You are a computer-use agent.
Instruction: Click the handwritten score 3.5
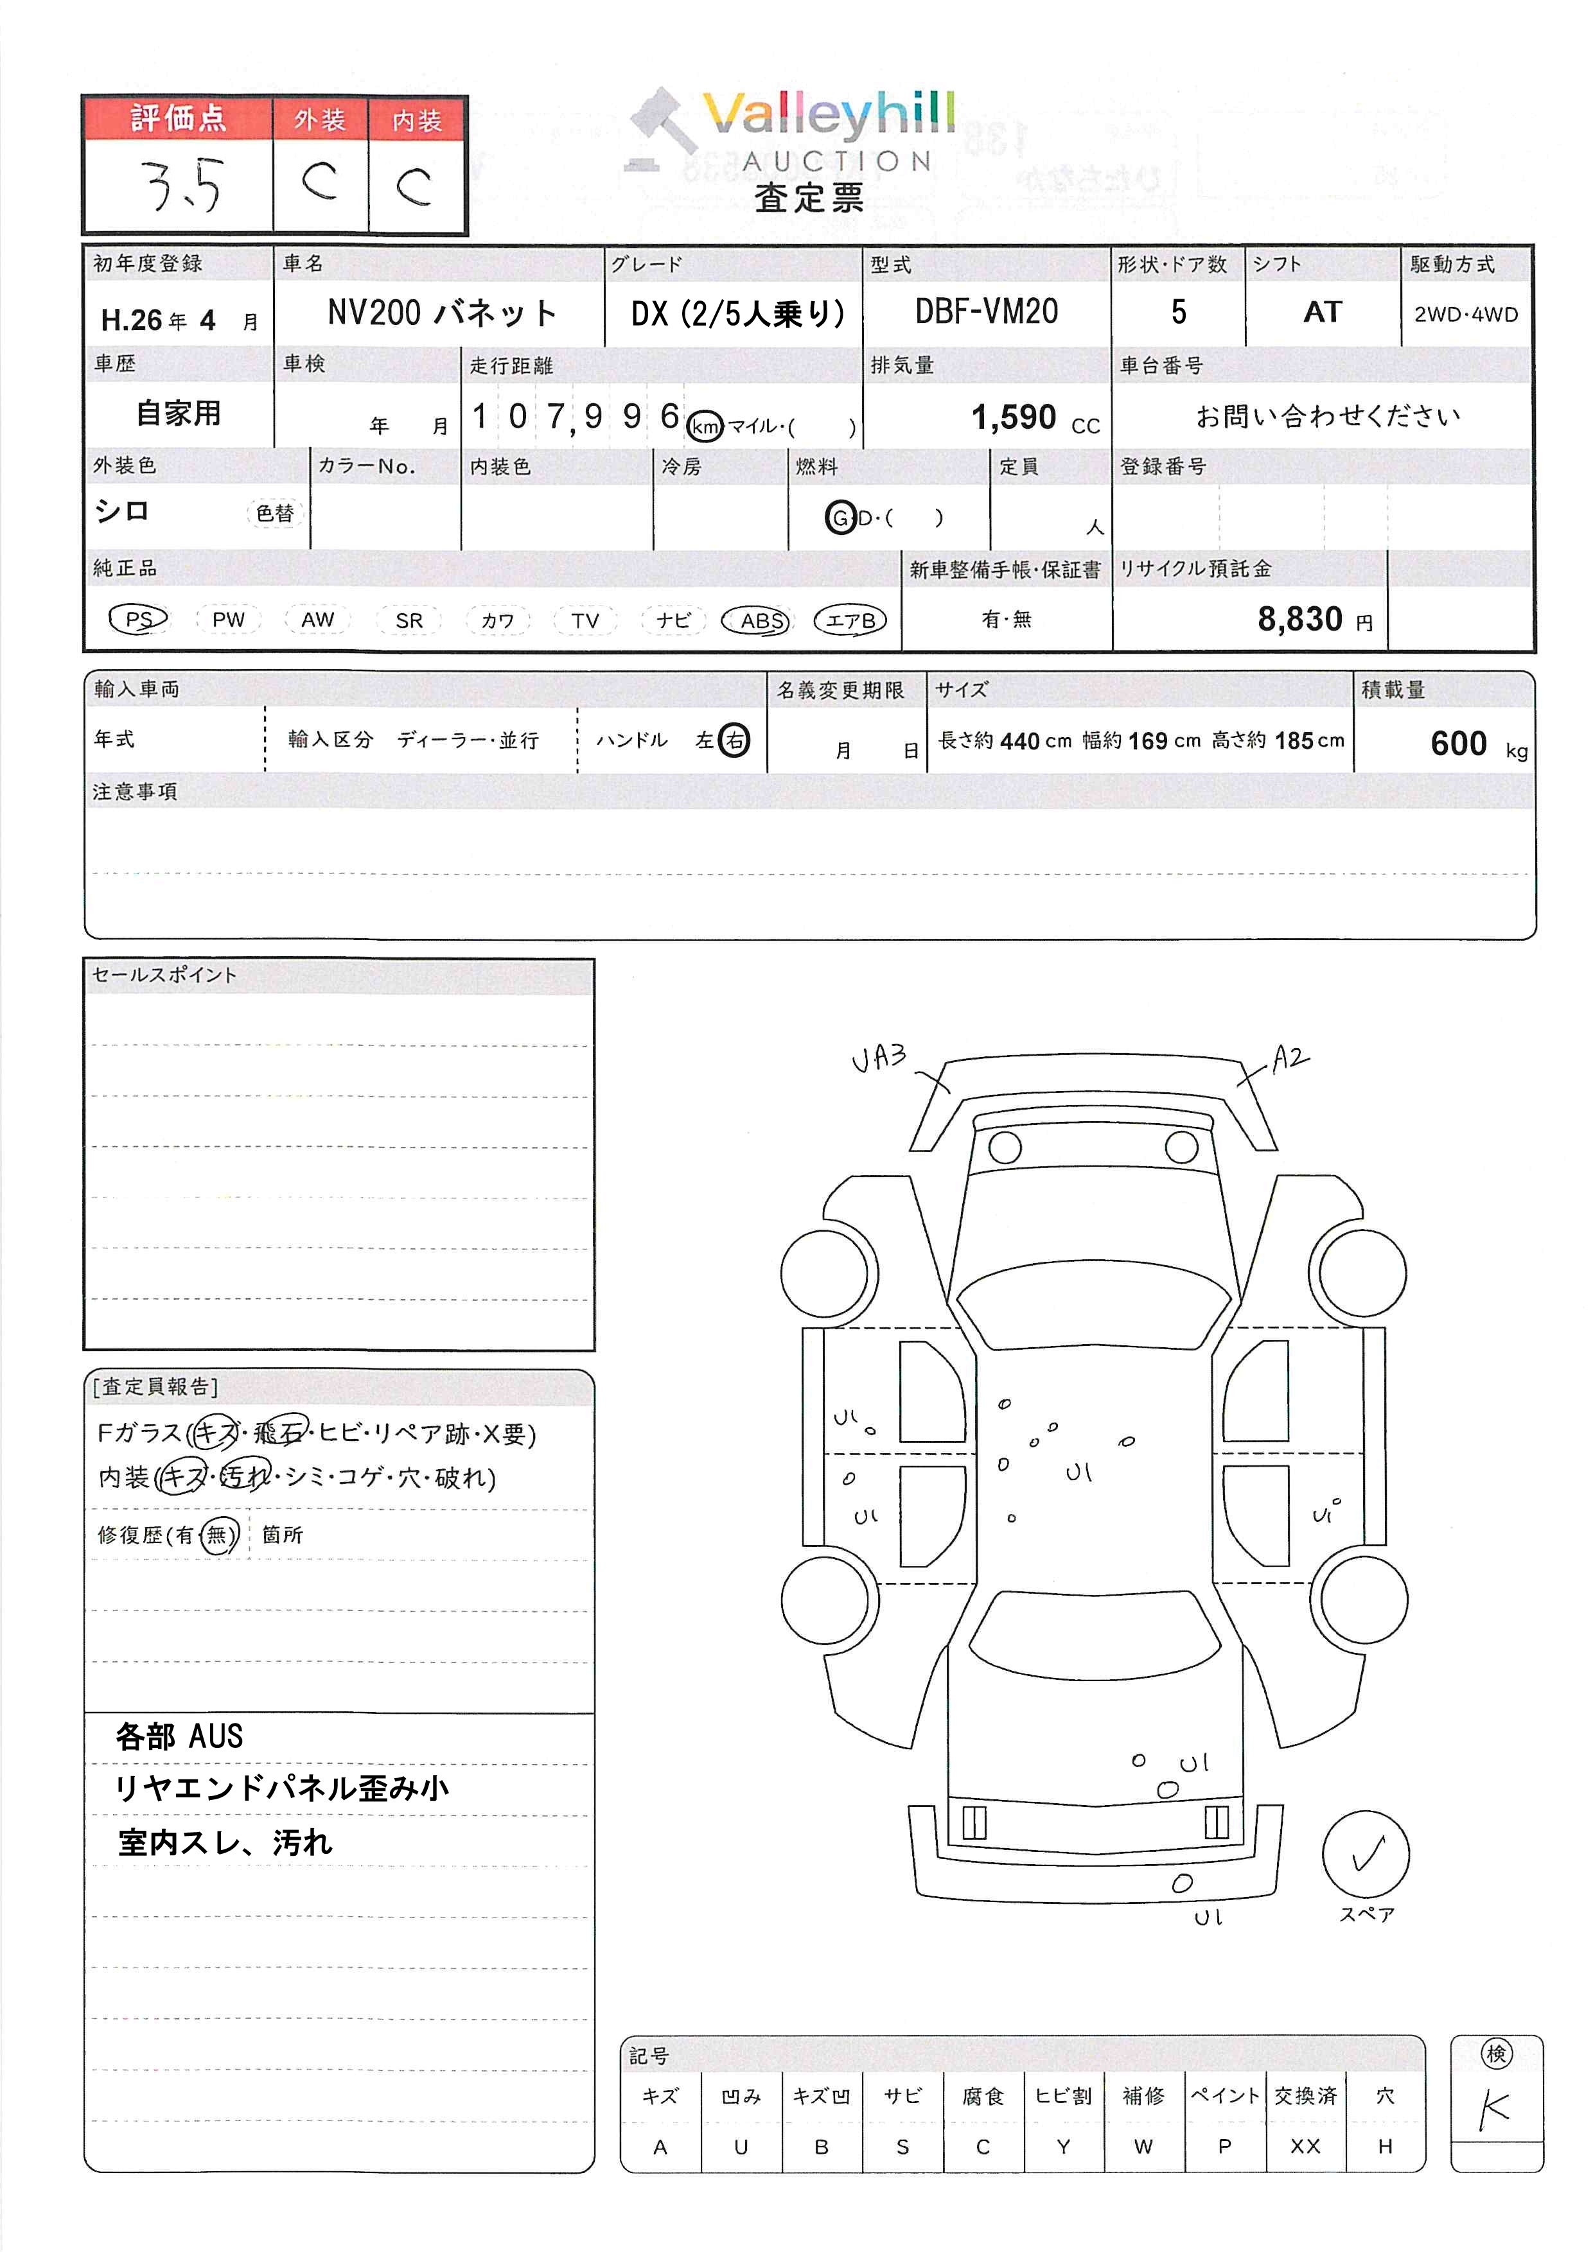[182, 186]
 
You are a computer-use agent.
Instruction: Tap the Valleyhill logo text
[829, 115]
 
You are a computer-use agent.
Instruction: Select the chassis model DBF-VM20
[986, 312]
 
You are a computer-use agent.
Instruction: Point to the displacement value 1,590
[1013, 418]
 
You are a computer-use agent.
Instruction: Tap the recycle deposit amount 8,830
[1299, 619]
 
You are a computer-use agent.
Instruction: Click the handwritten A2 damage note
[1289, 1058]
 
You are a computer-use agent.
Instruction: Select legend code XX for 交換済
[1305, 2147]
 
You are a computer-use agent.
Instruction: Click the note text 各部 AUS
[179, 1737]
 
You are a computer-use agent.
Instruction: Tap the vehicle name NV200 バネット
[441, 313]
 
